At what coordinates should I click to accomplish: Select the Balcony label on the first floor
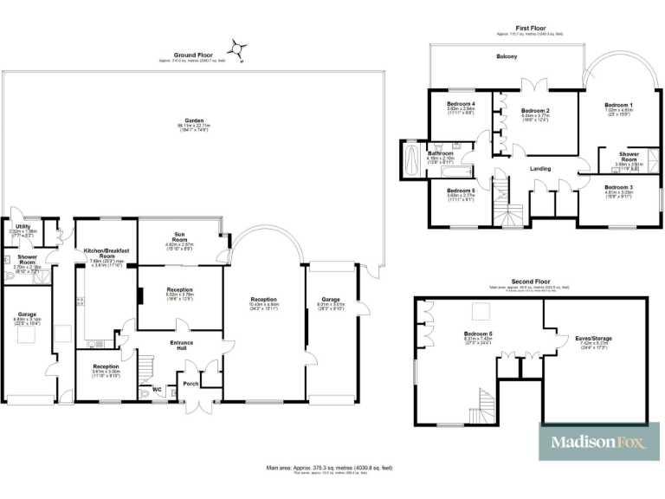(507, 57)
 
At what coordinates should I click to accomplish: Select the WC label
(157, 389)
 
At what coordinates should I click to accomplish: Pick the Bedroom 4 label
(461, 104)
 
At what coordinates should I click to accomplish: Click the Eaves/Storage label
(593, 338)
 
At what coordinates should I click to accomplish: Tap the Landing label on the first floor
(541, 169)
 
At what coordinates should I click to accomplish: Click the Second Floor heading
(530, 282)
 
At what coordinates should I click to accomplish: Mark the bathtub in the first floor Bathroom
(410, 161)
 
